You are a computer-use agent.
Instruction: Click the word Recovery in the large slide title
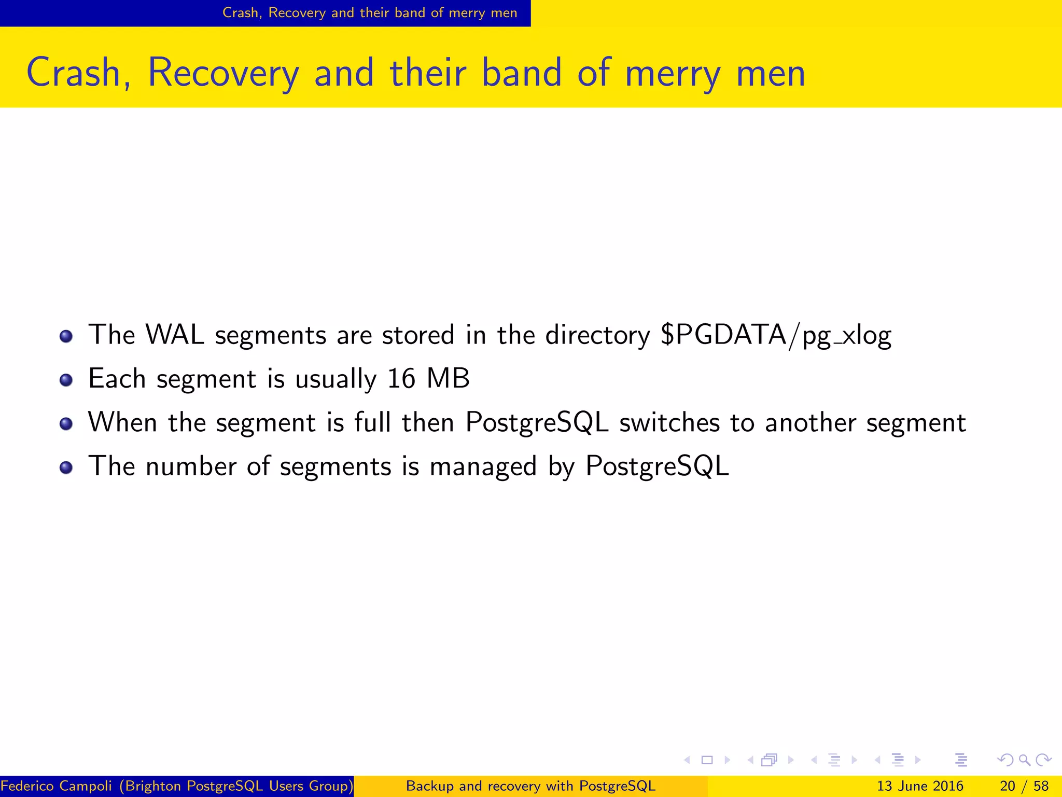(x=223, y=73)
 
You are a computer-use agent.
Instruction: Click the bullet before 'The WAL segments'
(x=66, y=337)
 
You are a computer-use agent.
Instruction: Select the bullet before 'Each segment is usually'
(x=66, y=380)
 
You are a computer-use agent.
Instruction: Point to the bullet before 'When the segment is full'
(x=66, y=424)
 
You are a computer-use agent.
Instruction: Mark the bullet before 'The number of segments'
(x=66, y=468)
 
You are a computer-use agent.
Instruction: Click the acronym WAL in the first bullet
(x=175, y=335)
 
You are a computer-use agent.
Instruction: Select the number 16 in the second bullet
(x=401, y=379)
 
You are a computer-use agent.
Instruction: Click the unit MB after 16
(x=448, y=379)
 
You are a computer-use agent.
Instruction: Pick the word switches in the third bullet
(x=669, y=422)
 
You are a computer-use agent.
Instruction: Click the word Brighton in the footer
(x=153, y=786)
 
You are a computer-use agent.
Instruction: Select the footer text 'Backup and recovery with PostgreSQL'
(x=530, y=786)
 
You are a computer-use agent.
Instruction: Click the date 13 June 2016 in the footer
(x=920, y=786)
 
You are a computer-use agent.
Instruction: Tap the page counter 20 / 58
(x=1024, y=786)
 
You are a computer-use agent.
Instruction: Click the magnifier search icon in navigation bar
(x=1024, y=760)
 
